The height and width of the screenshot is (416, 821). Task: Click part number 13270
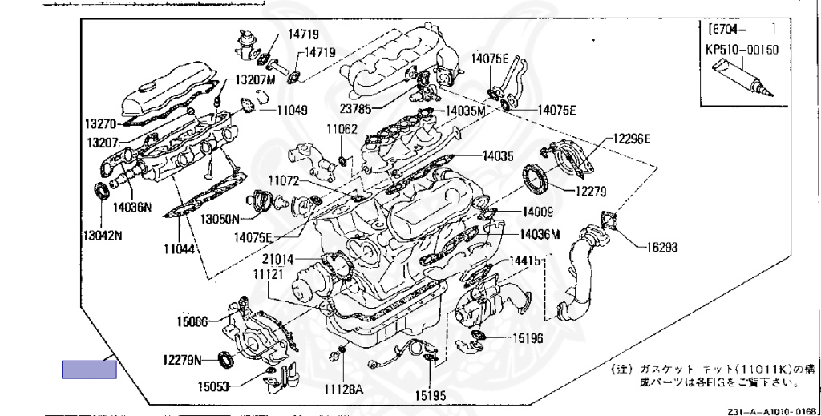click(101, 124)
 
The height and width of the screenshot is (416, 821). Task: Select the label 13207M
click(255, 81)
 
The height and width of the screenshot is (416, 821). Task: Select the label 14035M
click(465, 111)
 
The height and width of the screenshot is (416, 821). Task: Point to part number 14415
click(527, 261)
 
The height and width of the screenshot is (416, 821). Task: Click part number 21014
click(277, 259)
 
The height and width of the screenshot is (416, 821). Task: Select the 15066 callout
click(192, 322)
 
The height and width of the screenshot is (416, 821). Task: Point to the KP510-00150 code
click(742, 49)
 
